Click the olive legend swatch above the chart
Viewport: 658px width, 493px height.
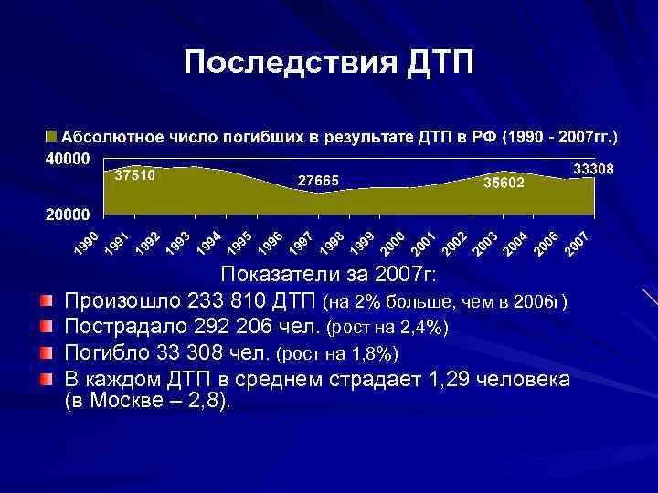click(x=52, y=137)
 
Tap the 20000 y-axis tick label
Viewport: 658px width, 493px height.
click(x=68, y=215)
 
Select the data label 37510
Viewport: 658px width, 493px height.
click(x=135, y=173)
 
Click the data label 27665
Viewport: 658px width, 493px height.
click(x=318, y=182)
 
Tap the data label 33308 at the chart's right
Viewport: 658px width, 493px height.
click(x=593, y=171)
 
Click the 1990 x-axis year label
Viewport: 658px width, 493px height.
click(x=87, y=242)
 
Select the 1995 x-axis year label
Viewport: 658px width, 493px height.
click(x=240, y=242)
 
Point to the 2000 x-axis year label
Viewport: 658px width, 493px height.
click(x=393, y=242)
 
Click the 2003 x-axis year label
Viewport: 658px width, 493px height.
click(x=485, y=242)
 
